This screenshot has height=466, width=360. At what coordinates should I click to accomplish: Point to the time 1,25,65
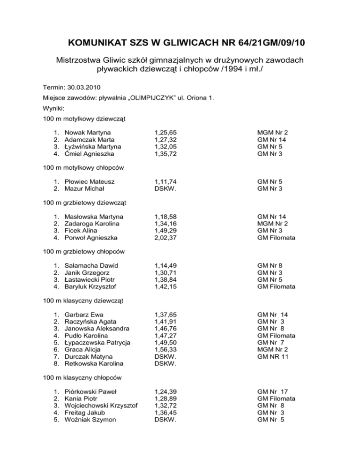click(x=165, y=133)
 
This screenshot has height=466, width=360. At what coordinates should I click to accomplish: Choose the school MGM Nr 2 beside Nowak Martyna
click(x=273, y=133)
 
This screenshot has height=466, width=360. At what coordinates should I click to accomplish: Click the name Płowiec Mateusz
click(x=90, y=181)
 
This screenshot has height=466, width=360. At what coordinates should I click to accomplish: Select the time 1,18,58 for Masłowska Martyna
click(x=165, y=217)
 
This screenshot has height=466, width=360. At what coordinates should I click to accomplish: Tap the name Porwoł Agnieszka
click(x=91, y=238)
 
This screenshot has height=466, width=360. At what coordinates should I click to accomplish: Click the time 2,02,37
click(x=165, y=238)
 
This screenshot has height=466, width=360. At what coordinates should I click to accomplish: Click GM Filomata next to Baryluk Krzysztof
click(x=277, y=287)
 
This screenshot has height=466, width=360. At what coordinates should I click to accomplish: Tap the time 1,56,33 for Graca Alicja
click(x=165, y=350)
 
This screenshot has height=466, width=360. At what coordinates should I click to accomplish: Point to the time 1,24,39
click(x=165, y=391)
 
